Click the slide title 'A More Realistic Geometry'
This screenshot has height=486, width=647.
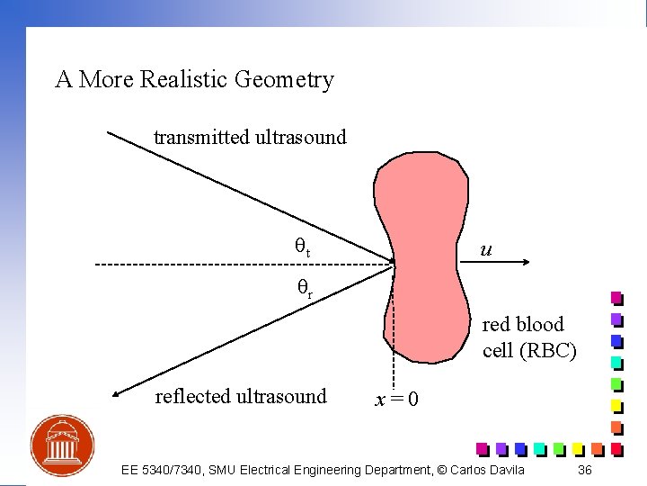pyautogui.click(x=194, y=80)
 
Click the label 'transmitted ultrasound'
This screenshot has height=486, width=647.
pyautogui.click(x=250, y=138)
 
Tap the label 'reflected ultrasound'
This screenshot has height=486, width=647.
pyautogui.click(x=241, y=396)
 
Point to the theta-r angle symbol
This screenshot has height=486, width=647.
pyautogui.click(x=305, y=287)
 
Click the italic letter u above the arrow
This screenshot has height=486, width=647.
pyautogui.click(x=485, y=247)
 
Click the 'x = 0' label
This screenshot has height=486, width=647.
pyautogui.click(x=395, y=399)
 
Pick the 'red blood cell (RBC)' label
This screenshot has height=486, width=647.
pyautogui.click(x=527, y=337)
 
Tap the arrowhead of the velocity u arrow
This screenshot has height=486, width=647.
pyautogui.click(x=528, y=265)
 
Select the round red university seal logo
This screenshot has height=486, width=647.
pyautogui.click(x=61, y=445)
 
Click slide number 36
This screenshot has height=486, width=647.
pyautogui.click(x=585, y=471)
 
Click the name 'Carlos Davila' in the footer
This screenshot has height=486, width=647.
pyautogui.click(x=489, y=471)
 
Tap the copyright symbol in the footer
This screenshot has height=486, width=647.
pyautogui.click(x=442, y=471)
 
